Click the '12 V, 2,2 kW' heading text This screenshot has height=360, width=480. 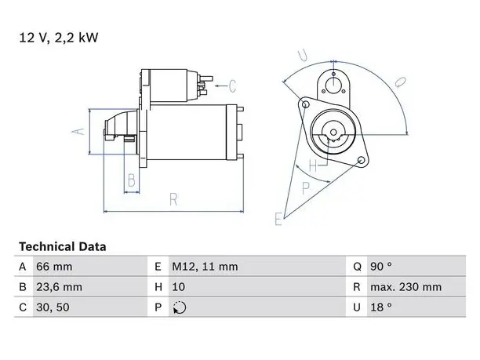click(x=59, y=38)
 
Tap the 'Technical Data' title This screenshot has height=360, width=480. click(x=63, y=247)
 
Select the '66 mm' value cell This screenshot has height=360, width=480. click(x=54, y=267)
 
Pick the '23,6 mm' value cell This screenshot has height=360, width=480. click(x=59, y=287)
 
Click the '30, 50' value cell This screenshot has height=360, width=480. click(x=53, y=307)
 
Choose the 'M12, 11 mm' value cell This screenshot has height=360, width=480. click(x=205, y=267)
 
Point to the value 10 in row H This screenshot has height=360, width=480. click(x=178, y=287)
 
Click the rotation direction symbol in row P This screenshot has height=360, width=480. click(x=180, y=307)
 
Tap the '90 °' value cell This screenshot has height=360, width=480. click(x=381, y=267)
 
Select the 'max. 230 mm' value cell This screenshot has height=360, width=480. click(x=406, y=287)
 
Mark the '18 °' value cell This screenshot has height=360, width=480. click(x=381, y=307)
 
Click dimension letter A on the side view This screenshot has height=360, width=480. click(x=78, y=131)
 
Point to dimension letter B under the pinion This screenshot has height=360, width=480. click(x=132, y=180)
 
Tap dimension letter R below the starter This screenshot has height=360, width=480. click(x=173, y=199)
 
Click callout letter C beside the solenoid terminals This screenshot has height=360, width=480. click(x=232, y=85)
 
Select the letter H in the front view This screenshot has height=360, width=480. click(x=313, y=165)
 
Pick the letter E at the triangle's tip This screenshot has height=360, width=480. click(x=278, y=219)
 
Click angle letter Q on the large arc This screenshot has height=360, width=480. click(x=400, y=82)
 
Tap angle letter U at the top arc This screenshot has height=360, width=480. click(x=303, y=55)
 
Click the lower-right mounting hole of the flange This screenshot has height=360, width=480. click(x=362, y=160)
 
